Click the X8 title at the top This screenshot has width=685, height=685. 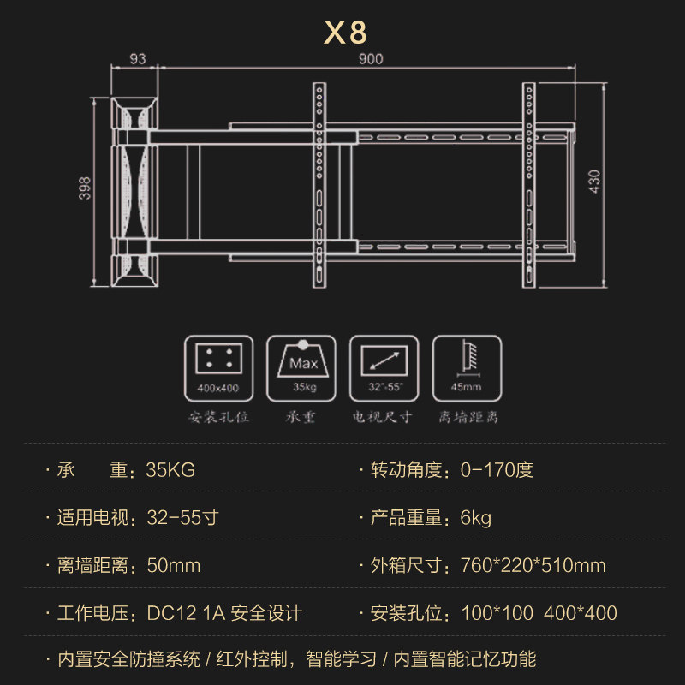[x=345, y=32]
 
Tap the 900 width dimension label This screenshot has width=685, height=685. [x=371, y=59]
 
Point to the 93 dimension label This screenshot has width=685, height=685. [x=136, y=59]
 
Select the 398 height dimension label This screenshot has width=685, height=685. [x=84, y=188]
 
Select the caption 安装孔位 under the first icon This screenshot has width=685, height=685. [x=218, y=419]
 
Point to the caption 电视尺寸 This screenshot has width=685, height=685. [x=384, y=419]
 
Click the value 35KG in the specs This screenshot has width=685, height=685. [x=170, y=470]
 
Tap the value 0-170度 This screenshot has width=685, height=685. [x=497, y=470]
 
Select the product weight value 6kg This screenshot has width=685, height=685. [x=475, y=518]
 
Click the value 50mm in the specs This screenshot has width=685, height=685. [x=173, y=566]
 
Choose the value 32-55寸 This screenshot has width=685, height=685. [x=182, y=518]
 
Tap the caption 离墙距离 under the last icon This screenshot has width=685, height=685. [x=468, y=419]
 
